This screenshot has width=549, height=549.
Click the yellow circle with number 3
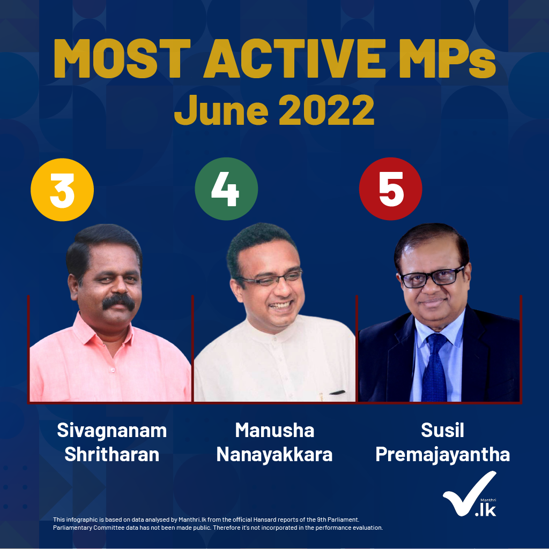pos(62,190)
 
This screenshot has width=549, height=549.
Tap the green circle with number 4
pos(226,189)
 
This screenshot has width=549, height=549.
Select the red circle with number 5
pos(390,189)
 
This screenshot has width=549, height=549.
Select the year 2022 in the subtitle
pos(327,110)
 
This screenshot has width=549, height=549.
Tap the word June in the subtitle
pos(221,110)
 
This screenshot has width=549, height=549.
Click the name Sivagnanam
pos(112,431)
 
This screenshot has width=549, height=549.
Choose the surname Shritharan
pos(112,455)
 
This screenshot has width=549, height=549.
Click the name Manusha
pos(274,430)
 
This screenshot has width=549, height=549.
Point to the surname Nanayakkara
pos(274,455)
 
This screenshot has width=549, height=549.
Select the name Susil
pos(442,430)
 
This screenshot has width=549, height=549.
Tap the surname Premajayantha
pos(442,455)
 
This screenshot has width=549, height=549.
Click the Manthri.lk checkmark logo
pos(470,494)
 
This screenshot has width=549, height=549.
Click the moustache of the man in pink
pos(118,302)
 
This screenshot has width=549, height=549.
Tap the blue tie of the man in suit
pos(435,367)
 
